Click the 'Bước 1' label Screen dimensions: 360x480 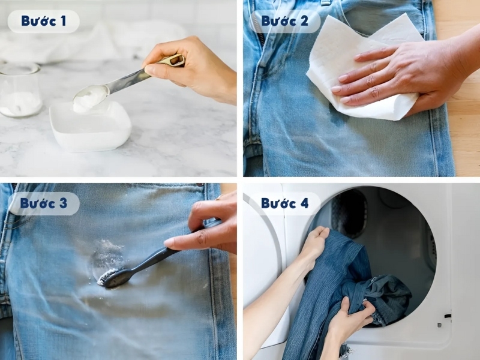tap(43, 21)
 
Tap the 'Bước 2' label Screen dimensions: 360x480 tap(284, 21)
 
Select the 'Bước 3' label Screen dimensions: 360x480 tap(43, 203)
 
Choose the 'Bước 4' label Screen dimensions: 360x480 tap(284, 203)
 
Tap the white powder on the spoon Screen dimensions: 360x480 tap(89, 97)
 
